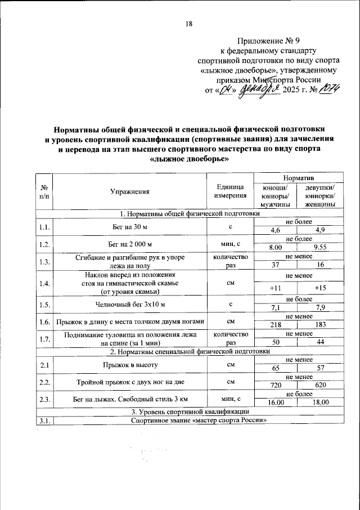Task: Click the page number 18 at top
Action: pyautogui.click(x=188, y=23)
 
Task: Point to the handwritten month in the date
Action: pyautogui.click(x=259, y=90)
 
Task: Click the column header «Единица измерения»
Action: pyautogui.click(x=230, y=191)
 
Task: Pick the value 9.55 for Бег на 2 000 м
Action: pyautogui.click(x=321, y=247)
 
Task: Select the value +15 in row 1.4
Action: pyautogui.click(x=321, y=288)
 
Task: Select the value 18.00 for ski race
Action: pyautogui.click(x=321, y=403)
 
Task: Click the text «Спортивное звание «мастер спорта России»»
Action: pyautogui.click(x=197, y=420)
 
